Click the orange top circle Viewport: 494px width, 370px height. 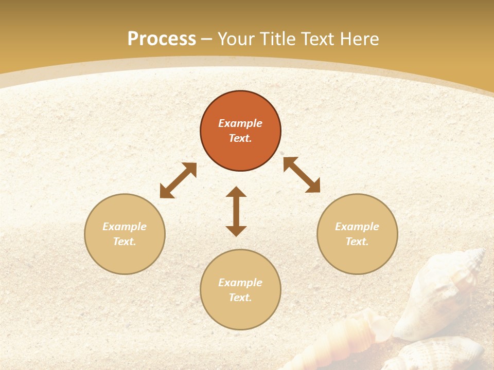240,131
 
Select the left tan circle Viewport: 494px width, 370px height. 125,234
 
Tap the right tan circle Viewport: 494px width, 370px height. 357,234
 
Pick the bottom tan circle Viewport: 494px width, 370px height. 240,290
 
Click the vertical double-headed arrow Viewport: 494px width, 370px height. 236,211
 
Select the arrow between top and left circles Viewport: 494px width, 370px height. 178,180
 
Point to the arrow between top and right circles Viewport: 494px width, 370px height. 302,175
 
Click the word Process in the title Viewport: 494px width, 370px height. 162,39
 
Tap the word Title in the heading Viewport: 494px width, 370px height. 278,39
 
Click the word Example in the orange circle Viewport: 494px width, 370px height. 240,123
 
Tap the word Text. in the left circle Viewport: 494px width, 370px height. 125,242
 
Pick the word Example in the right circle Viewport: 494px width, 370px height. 357,227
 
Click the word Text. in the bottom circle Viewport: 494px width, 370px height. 240,298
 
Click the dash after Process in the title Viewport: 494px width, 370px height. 207,39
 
